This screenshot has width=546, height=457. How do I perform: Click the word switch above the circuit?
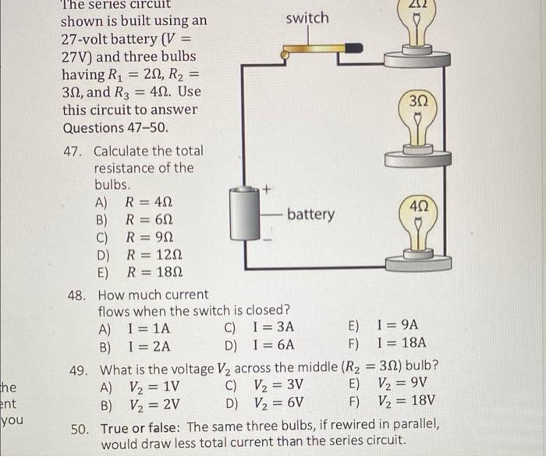click(x=307, y=18)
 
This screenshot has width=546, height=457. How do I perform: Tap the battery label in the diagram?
click(x=310, y=214)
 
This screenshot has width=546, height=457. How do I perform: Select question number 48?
click(x=81, y=295)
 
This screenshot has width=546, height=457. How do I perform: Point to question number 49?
click(x=81, y=367)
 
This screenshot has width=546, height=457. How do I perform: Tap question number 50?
click(x=80, y=427)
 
